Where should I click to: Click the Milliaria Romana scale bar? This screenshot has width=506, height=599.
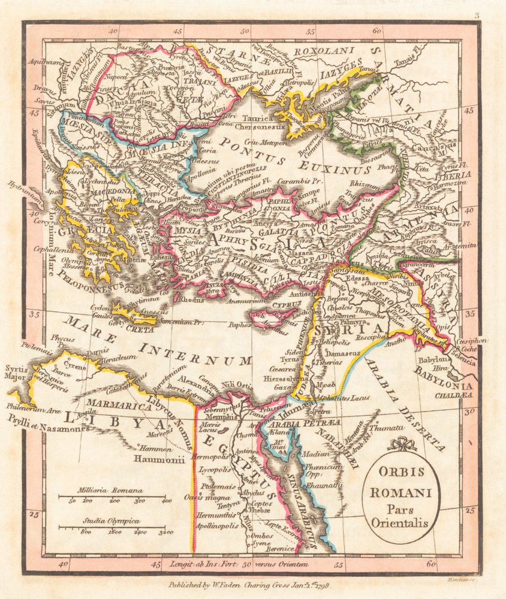[113, 496]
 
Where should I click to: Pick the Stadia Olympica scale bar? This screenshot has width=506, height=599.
[113, 527]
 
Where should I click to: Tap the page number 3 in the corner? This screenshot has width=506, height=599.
[477, 16]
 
